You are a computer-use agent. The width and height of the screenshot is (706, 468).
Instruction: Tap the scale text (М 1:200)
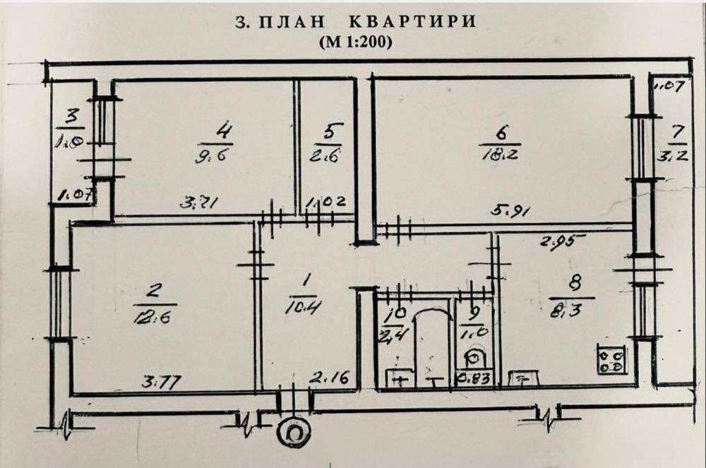(x=355, y=41)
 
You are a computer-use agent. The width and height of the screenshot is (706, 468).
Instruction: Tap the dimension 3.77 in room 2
(x=161, y=383)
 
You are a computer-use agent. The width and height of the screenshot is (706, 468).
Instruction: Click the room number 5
(x=333, y=132)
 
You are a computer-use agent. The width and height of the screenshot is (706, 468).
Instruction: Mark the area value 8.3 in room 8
(x=565, y=308)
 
